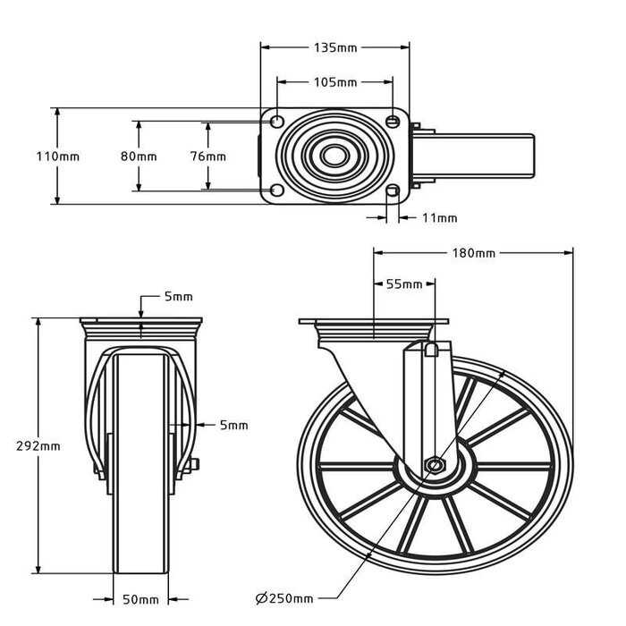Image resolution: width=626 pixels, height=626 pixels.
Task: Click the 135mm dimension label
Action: pyautogui.click(x=335, y=47)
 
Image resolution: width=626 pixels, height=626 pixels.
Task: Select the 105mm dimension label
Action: pyautogui.click(x=335, y=82)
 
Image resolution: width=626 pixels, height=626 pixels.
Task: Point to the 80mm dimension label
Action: pyautogui.click(x=139, y=156)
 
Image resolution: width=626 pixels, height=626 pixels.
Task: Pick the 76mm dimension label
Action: pyautogui.click(x=208, y=156)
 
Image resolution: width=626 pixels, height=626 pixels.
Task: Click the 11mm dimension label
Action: pyautogui.click(x=439, y=217)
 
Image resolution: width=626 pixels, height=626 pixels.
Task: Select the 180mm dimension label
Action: pyautogui.click(x=473, y=253)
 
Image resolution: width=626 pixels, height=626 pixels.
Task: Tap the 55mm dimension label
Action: pyautogui.click(x=403, y=284)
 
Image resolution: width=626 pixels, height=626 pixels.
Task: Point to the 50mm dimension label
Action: pyautogui.click(x=141, y=598)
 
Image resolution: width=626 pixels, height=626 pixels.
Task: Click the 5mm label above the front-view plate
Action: pyautogui.click(x=178, y=297)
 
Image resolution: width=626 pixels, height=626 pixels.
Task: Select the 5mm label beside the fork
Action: pyautogui.click(x=233, y=425)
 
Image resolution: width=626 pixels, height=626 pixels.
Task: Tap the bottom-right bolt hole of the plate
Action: pyautogui.click(x=393, y=190)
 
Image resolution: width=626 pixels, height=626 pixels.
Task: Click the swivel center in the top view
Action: pyautogui.click(x=334, y=156)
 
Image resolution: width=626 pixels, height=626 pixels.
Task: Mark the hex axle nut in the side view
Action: pyautogui.click(x=435, y=465)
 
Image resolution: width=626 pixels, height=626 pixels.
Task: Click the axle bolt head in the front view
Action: pyautogui.click(x=193, y=464)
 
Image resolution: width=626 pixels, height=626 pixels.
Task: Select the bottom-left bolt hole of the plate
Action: pyautogui.click(x=276, y=190)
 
